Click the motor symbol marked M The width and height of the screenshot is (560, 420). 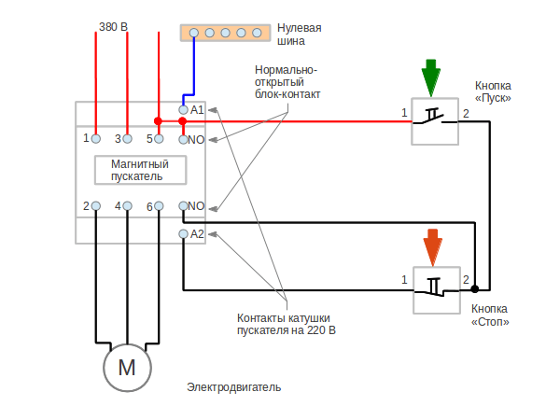(x=127, y=366)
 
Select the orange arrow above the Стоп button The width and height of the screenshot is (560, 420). (x=432, y=247)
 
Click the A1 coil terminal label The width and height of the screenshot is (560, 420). (x=197, y=110)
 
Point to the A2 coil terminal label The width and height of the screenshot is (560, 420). (x=197, y=233)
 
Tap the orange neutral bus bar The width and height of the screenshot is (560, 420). (x=224, y=34)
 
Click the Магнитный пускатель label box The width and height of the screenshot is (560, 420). (x=141, y=170)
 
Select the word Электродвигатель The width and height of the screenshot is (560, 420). (x=233, y=387)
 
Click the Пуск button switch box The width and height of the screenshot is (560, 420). (x=434, y=120)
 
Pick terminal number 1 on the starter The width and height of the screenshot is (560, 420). (x=85, y=138)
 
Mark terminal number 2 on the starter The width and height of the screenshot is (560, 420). (x=85, y=205)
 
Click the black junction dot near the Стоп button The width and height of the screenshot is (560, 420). (x=474, y=288)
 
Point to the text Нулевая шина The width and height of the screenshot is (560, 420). (x=303, y=35)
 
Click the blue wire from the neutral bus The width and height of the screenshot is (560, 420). (x=193, y=65)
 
